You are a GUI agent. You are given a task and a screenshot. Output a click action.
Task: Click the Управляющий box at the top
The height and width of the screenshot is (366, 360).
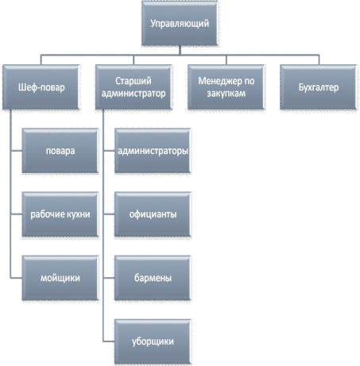[180, 24]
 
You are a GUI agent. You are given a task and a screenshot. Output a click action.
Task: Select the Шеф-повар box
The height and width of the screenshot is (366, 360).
[41, 87]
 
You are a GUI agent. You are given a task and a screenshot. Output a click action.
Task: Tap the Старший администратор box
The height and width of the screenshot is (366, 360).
[134, 87]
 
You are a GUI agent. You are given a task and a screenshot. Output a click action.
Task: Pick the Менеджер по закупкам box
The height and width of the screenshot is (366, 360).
[226, 87]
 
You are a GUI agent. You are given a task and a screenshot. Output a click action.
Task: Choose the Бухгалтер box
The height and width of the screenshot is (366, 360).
[319, 87]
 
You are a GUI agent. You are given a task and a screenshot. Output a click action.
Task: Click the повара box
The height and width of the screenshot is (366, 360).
[60, 151]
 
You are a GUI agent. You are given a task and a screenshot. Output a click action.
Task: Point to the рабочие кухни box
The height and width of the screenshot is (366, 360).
[60, 214]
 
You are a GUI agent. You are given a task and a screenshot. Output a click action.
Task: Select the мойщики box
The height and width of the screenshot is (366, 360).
[60, 278]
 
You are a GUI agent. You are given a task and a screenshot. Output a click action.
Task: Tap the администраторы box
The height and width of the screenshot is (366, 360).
[153, 151]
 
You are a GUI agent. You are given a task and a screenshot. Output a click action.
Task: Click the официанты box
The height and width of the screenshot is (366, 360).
[153, 214]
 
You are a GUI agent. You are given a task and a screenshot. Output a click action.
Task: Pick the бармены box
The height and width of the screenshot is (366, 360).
[153, 278]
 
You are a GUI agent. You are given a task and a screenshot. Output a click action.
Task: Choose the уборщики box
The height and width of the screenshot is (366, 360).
[153, 341]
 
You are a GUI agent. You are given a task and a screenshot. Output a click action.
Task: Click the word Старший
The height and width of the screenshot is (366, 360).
[134, 81]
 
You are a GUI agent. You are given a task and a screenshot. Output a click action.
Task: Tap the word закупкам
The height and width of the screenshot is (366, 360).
[226, 94]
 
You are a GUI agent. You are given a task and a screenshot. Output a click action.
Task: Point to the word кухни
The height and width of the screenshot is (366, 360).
[79, 214]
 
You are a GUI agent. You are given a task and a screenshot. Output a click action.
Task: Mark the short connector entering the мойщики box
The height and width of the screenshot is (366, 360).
[16, 278]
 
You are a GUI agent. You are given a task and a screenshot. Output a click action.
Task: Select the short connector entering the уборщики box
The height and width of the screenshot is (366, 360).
[109, 341]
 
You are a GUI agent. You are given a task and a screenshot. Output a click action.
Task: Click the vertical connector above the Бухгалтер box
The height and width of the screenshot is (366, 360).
[319, 60]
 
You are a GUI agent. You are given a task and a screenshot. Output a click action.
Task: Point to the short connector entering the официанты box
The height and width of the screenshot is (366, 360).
[109, 214]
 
